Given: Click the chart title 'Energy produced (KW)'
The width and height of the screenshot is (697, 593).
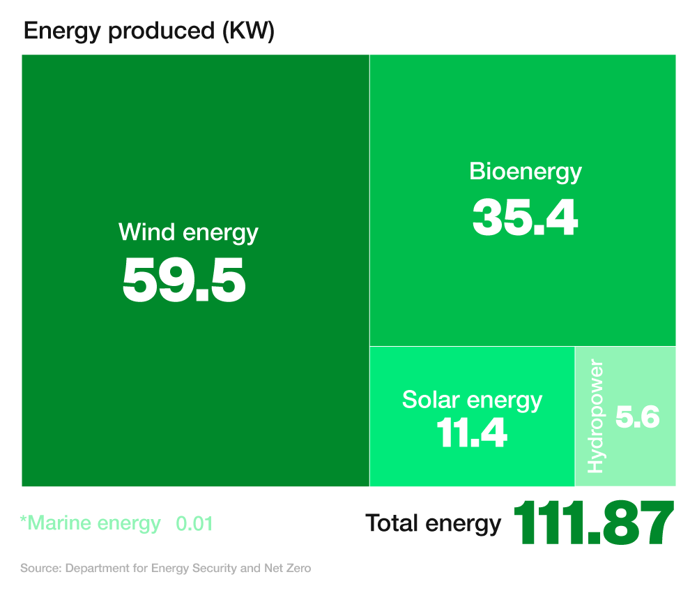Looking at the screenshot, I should [x=149, y=31].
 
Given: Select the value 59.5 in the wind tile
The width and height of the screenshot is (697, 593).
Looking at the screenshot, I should [x=184, y=280].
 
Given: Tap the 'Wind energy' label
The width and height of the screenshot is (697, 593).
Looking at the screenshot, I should [x=188, y=232].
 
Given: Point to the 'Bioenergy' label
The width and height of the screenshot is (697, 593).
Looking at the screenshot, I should [x=526, y=171].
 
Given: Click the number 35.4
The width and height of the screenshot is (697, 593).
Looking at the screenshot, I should [x=525, y=217].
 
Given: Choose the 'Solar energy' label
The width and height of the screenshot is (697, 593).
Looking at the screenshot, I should [x=472, y=400].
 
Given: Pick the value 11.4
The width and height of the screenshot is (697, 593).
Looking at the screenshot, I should [x=472, y=433].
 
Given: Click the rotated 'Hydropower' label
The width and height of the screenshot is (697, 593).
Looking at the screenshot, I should [x=595, y=416].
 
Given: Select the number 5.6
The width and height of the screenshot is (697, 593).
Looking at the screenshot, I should [x=637, y=418].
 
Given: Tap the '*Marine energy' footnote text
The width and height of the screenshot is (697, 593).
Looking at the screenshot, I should [x=90, y=523].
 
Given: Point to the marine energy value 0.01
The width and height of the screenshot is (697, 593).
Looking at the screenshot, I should [x=194, y=524].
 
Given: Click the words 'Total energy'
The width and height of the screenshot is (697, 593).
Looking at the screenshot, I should [x=433, y=523].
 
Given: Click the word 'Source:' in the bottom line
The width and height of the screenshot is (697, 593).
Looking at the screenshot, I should [x=40, y=569].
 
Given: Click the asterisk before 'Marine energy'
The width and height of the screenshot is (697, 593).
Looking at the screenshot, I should [x=23, y=520].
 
